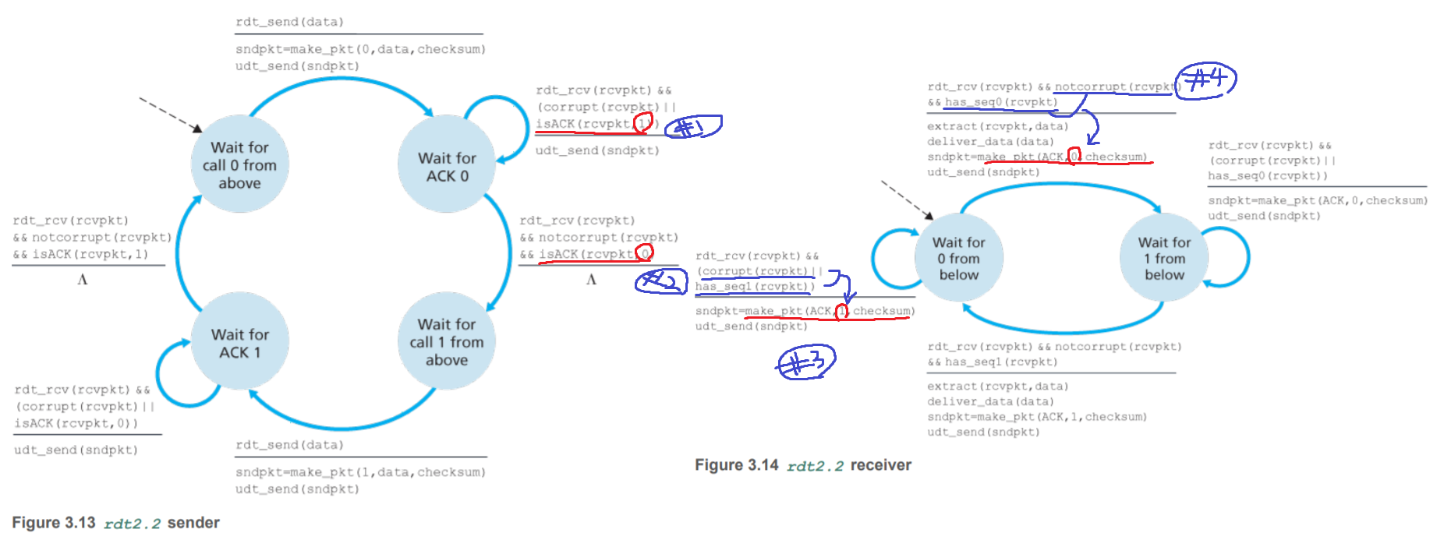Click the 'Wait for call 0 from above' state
coord(239,164)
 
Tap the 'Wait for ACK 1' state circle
coord(239,343)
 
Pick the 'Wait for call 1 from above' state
coord(446,341)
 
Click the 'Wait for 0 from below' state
coord(958,258)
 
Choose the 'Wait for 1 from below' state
coord(1163,258)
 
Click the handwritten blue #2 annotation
coord(660,281)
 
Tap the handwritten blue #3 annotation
coord(806,362)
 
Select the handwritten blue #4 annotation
coord(1205,80)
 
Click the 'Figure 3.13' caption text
coord(53,523)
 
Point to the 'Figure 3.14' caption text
coord(736,465)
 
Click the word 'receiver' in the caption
coord(880,465)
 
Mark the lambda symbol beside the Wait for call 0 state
coord(82,279)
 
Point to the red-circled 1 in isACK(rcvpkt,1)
coord(643,123)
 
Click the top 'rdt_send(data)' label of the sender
coord(289,22)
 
